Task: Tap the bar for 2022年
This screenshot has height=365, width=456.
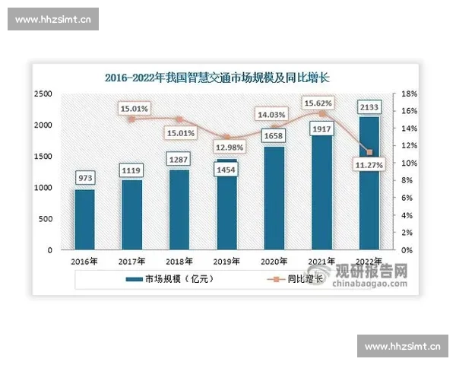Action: click(x=369, y=182)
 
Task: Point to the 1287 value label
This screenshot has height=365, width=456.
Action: click(x=179, y=160)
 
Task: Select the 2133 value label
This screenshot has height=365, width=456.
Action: click(x=369, y=107)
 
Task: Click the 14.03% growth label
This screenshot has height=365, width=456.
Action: click(x=274, y=115)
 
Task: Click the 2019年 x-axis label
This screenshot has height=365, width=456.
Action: click(x=226, y=261)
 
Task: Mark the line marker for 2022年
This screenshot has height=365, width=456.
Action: click(x=369, y=152)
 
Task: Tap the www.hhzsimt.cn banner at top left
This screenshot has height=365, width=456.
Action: click(x=54, y=21)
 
